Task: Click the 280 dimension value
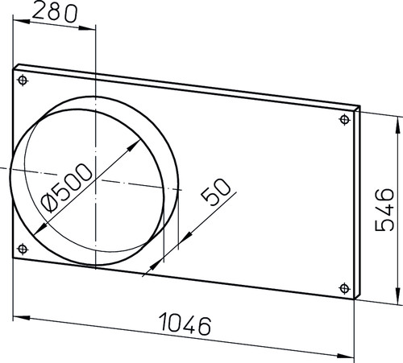point(55,13)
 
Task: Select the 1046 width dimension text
point(185,324)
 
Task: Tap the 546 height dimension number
point(384,210)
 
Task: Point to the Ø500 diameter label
point(66,188)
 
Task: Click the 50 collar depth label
point(216,192)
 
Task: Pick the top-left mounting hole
point(23,80)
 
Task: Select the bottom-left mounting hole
point(23,249)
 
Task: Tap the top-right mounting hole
point(345,119)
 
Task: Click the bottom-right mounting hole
point(345,288)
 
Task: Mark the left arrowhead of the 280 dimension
point(21,21)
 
